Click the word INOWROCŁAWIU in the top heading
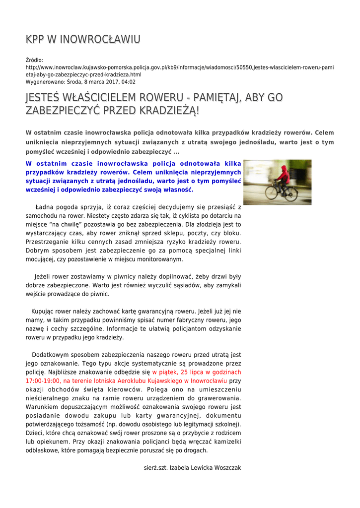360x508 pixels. pos(99,39)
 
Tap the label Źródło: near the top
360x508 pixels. pos(34,61)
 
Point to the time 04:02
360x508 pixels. pos(128,82)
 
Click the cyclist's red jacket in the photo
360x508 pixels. pos(283,175)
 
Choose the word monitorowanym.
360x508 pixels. pos(160,259)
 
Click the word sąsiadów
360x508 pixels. pos(185,285)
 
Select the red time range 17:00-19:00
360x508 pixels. pos(43,381)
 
